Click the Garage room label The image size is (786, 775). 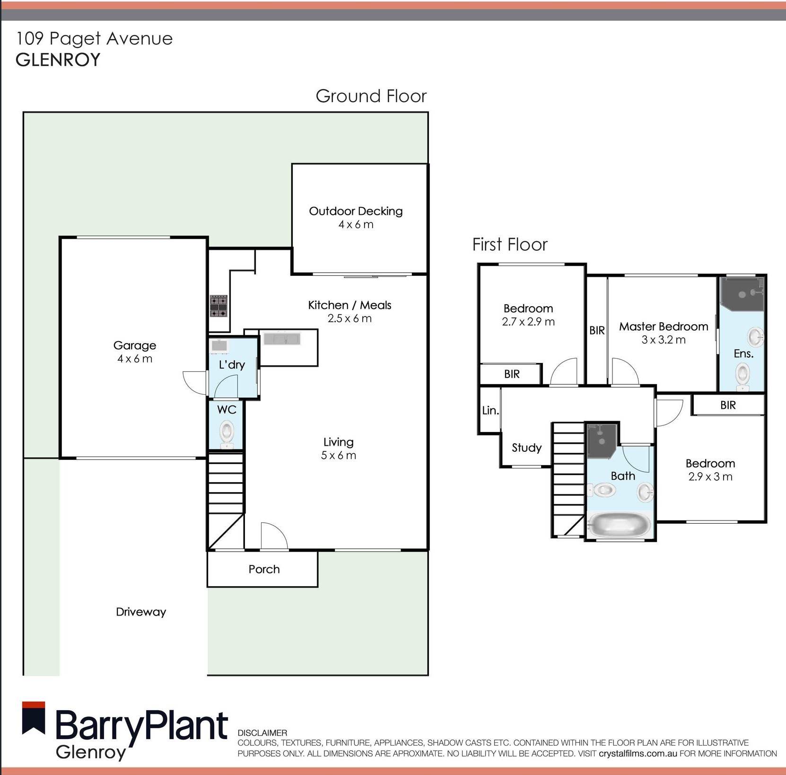pos(134,345)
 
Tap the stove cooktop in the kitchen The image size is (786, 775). pos(218,306)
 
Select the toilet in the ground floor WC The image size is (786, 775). pos(227,433)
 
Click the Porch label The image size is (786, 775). pos(264,569)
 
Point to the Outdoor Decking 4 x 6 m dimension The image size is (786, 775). pos(356,225)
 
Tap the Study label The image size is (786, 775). pos(526,448)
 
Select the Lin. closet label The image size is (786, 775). pos(490,410)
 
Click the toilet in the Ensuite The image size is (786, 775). pos(742,375)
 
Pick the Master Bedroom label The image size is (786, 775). pos(663,326)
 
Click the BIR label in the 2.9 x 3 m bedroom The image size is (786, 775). pos(728,405)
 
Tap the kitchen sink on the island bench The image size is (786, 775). pos(282,339)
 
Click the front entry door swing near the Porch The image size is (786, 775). pos(273,536)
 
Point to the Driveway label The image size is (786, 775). pos(141,612)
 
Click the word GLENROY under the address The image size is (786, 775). pos(58,60)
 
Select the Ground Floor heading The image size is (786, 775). pos(371,96)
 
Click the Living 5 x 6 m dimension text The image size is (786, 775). pos(338,455)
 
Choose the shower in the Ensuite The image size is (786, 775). pos(742,294)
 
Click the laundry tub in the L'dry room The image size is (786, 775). pos(219,346)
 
